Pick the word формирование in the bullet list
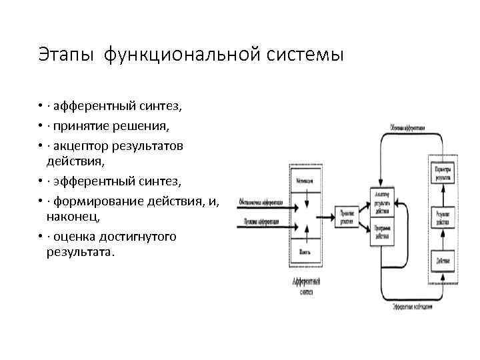(x=97, y=201)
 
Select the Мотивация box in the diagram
(x=305, y=179)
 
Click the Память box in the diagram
(x=305, y=251)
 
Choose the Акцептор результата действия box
(x=383, y=201)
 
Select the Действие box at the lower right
(x=443, y=260)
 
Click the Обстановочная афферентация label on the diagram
(x=261, y=202)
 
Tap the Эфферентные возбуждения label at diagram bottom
(x=413, y=307)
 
